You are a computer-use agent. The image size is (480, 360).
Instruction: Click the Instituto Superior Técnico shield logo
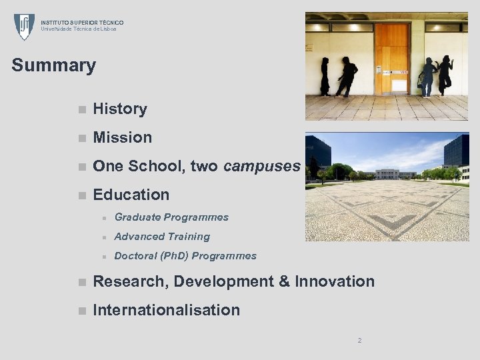[x=24, y=27]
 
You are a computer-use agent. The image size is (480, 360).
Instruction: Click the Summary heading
[x=54, y=65]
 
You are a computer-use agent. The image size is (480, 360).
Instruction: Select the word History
[x=120, y=109]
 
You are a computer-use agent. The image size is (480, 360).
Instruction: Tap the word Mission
[x=123, y=137]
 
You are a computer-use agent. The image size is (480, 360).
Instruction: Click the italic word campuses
[x=262, y=166]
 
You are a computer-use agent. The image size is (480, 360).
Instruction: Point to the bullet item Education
[x=131, y=195]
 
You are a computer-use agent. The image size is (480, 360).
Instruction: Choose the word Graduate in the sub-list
[x=137, y=217]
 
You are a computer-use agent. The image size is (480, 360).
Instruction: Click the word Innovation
[x=335, y=281]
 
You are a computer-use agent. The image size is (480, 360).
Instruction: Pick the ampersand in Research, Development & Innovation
[x=284, y=281]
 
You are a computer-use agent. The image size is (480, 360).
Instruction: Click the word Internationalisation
[x=167, y=310]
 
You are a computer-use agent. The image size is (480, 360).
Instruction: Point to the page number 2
[x=359, y=340]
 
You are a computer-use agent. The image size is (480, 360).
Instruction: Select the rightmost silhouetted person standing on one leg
[x=445, y=74]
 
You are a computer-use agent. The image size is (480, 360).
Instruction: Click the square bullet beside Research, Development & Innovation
[x=81, y=282]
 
